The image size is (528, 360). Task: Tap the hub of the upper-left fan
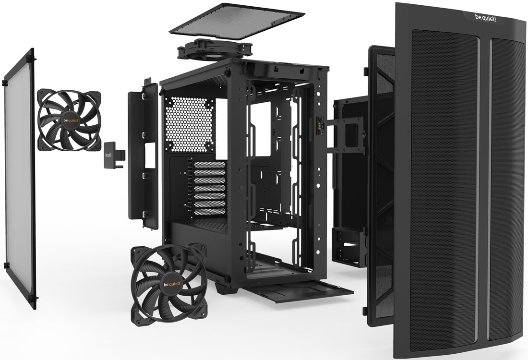click(x=70, y=120)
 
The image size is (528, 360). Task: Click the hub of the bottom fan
click(x=171, y=284)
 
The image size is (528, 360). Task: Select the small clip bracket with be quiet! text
click(x=113, y=155)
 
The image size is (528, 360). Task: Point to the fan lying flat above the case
click(x=215, y=50)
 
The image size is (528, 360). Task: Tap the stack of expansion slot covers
click(x=209, y=188)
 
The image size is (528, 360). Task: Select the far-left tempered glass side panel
click(x=20, y=179)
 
